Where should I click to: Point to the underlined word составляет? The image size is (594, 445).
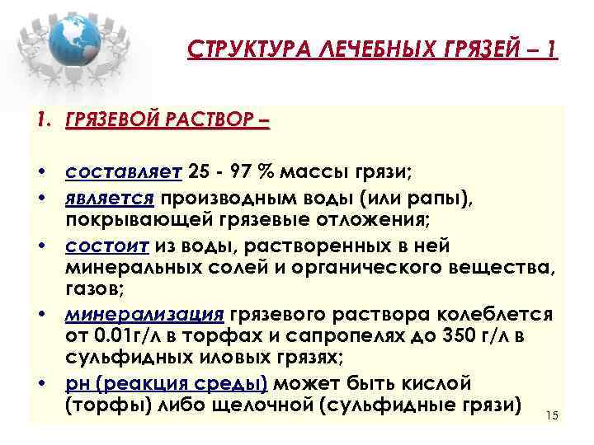[x=123, y=172]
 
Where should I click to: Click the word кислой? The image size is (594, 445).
[x=436, y=383]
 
